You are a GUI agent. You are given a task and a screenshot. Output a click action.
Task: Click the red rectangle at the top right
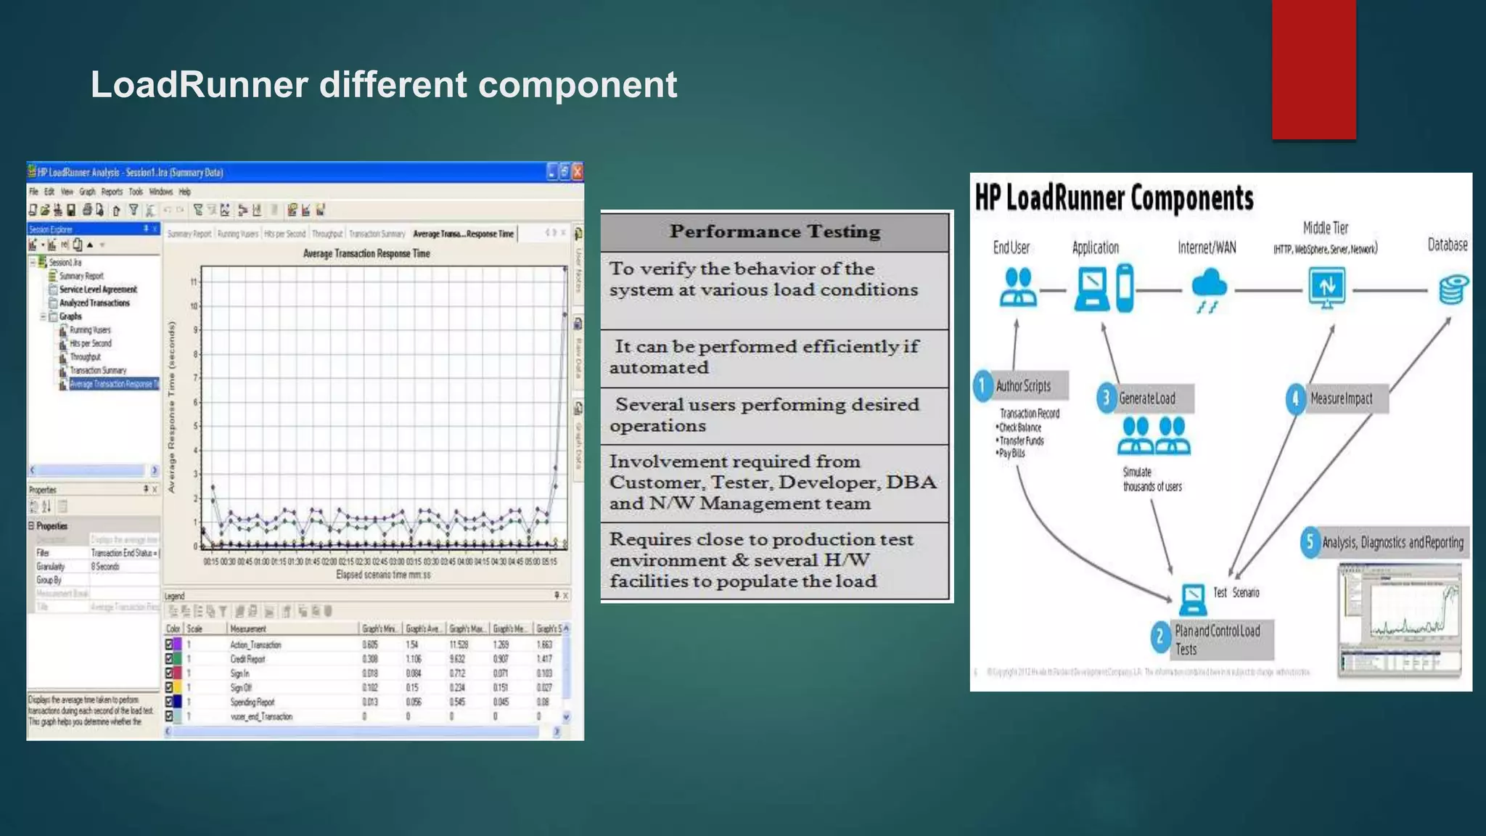point(1313,69)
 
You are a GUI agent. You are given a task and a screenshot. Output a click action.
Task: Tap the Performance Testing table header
point(775,231)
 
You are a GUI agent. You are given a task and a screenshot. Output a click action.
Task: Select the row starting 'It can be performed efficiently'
point(775,358)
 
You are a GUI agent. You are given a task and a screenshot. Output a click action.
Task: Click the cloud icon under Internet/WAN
point(1209,287)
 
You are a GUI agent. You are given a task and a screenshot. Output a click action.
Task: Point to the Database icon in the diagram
point(1453,289)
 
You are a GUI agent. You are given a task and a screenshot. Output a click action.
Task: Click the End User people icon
point(1017,287)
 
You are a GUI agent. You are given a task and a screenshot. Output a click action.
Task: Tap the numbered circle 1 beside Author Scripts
point(982,386)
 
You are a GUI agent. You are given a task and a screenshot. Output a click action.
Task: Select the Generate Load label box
point(1147,398)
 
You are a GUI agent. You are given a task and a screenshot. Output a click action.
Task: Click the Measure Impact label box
point(1342,398)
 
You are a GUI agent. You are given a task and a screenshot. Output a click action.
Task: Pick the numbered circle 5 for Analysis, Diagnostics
point(1310,542)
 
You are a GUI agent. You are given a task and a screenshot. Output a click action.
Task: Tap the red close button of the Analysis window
point(578,172)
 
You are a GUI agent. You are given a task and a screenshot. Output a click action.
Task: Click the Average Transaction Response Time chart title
point(366,254)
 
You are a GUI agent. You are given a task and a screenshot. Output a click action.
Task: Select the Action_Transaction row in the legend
point(255,644)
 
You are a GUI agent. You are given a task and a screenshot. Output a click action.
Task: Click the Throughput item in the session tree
point(85,357)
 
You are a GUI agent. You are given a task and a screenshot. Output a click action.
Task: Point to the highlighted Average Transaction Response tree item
point(112,384)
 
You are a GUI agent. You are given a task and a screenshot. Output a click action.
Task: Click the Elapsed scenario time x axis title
point(383,575)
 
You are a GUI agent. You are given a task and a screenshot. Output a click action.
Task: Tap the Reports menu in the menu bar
point(112,192)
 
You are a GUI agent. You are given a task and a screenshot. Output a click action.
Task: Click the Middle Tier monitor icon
point(1327,287)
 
